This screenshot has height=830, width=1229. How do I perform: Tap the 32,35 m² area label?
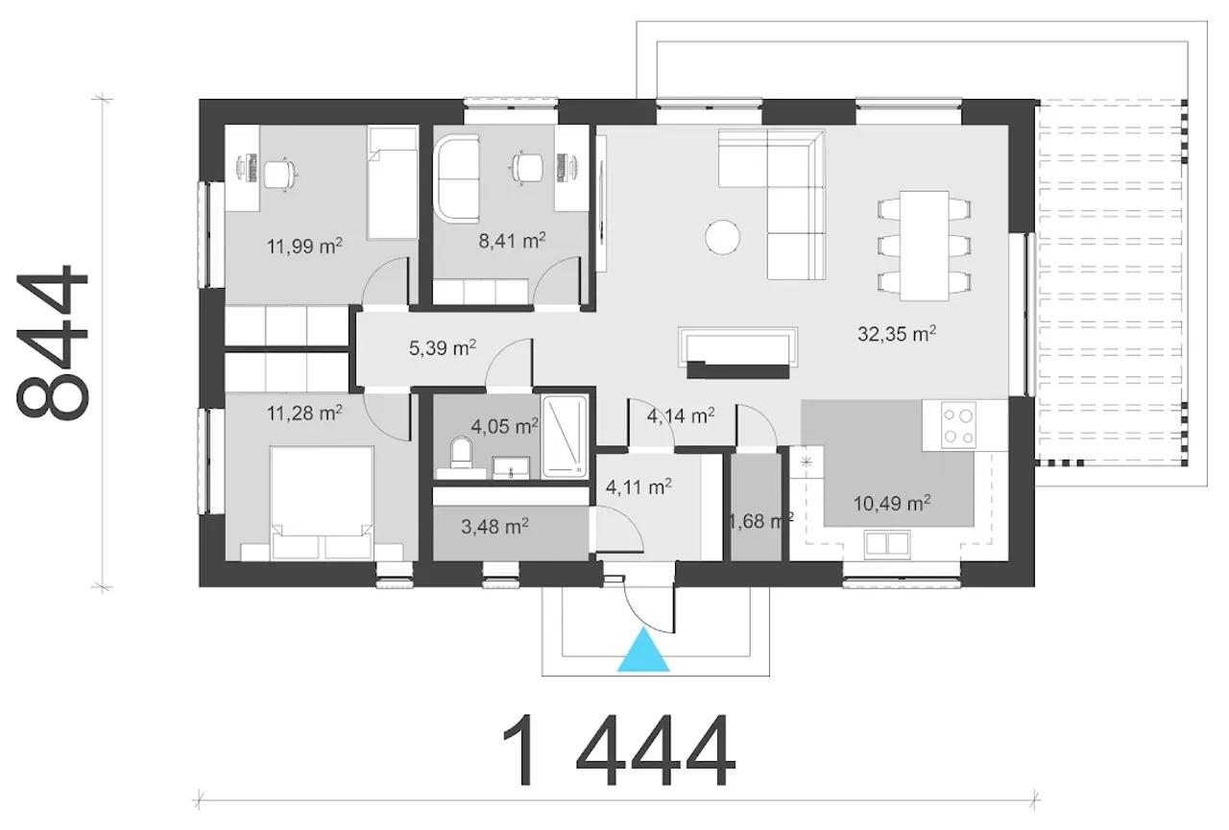coord(897,333)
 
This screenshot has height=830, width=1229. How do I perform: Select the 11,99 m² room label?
coord(304,247)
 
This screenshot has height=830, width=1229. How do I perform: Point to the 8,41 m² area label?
coord(512,240)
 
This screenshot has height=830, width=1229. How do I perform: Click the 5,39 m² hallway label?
coord(443,347)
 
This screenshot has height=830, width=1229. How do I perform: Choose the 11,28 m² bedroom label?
coord(304,413)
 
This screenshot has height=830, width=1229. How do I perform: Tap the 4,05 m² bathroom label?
coord(504,426)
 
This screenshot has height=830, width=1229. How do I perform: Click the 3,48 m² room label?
coord(494,526)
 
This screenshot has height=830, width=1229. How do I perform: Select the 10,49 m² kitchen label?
coord(892,503)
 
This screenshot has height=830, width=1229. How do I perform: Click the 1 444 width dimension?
coord(617,750)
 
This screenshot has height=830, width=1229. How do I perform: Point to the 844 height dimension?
coord(53,344)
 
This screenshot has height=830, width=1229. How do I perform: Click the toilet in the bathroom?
coord(461,453)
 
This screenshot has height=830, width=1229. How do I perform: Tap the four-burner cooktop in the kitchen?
coord(958,425)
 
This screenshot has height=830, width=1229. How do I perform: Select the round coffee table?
coord(722,237)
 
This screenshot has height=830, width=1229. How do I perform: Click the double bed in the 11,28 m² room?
coord(322,503)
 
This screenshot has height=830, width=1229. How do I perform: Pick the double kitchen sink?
coord(886,544)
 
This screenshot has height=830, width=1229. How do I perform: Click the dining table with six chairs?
coord(924,246)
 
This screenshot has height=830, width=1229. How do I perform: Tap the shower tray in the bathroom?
coord(564,437)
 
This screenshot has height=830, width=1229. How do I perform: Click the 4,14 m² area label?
coord(681,415)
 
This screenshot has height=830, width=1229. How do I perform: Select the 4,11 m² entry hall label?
coord(639,486)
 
